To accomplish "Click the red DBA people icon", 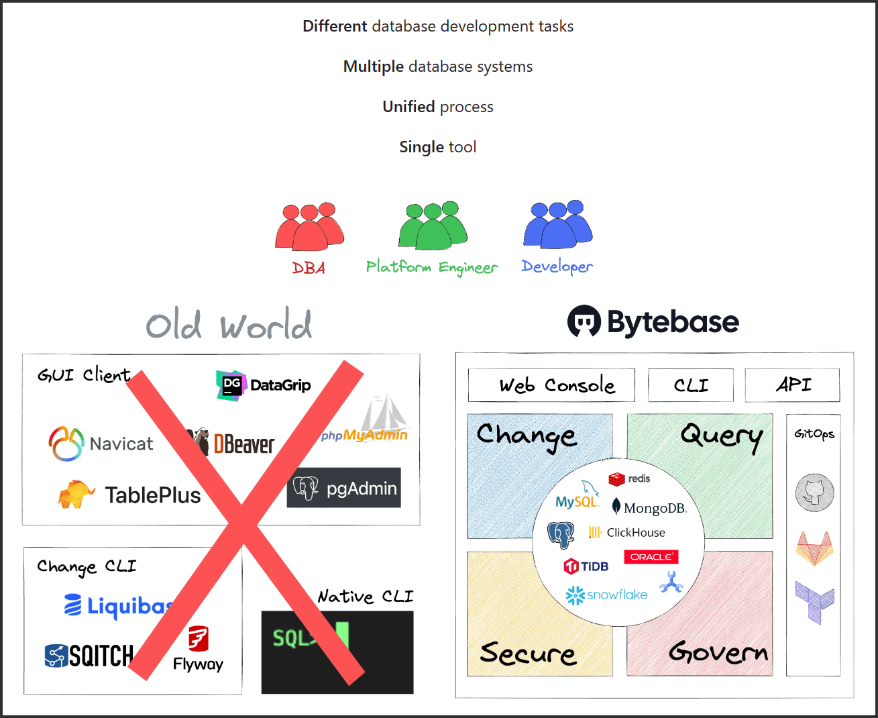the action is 309,227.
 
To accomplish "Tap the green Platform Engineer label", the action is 431,267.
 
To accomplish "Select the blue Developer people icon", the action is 557,225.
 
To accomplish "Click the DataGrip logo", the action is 264,385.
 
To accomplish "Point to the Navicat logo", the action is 101,444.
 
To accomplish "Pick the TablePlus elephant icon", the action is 76,495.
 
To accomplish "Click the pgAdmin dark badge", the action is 344,488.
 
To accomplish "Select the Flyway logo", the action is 198,648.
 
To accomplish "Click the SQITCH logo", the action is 89,656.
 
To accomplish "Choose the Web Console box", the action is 551,385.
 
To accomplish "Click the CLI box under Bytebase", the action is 690,385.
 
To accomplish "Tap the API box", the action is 792,385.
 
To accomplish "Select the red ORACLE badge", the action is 651,557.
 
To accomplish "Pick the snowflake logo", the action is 606,595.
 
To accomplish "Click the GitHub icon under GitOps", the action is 814,492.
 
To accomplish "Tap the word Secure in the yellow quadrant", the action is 528,653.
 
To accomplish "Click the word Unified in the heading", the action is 408,107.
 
